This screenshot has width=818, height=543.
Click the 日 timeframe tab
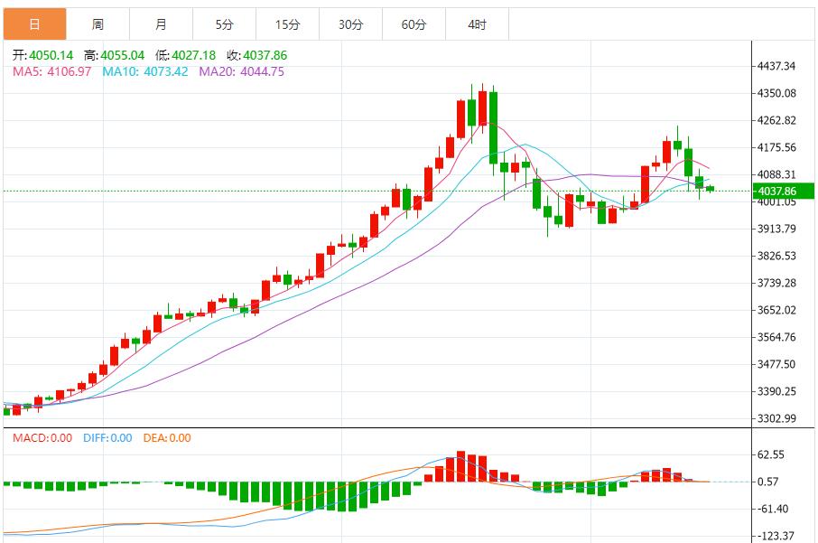pyautogui.click(x=34, y=24)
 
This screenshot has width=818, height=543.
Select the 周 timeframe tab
pyautogui.click(x=98, y=24)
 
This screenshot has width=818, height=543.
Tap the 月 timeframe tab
pyautogui.click(x=161, y=24)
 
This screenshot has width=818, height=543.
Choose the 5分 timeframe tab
pyautogui.click(x=224, y=24)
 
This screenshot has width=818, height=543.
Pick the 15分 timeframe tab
pyautogui.click(x=287, y=24)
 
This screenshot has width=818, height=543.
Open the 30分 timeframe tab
pyautogui.click(x=350, y=24)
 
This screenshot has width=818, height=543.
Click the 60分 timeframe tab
pyautogui.click(x=414, y=24)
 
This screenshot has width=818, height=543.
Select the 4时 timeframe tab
pyautogui.click(x=477, y=24)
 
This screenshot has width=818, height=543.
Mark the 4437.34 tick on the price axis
pyautogui.click(x=776, y=66)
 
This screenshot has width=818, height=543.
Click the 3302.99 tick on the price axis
pyautogui.click(x=776, y=418)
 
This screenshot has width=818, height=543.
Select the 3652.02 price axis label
pyautogui.click(x=776, y=310)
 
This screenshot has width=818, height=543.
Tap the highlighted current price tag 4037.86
pyautogui.click(x=776, y=191)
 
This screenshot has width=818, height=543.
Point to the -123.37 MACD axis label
pyautogui.click(x=774, y=536)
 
